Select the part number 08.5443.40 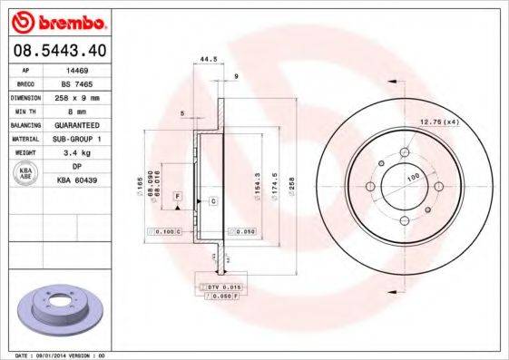click(x=59, y=50)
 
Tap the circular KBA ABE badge click(x=26, y=174)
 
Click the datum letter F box click(x=179, y=196)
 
